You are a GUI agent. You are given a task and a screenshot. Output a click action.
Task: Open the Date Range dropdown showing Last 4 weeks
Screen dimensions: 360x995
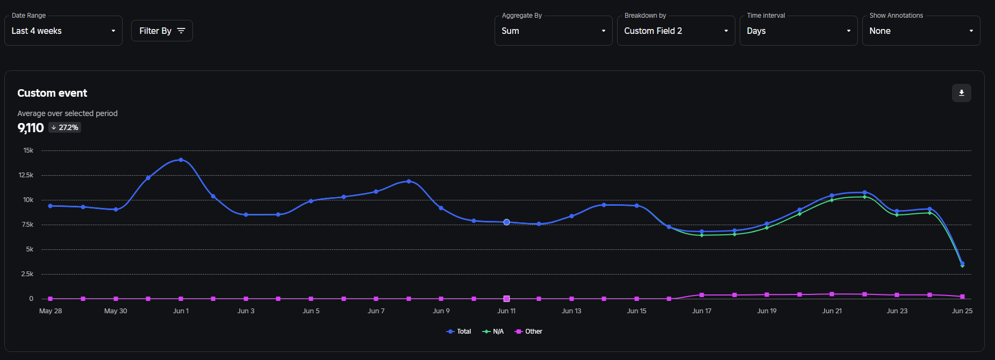click(x=63, y=31)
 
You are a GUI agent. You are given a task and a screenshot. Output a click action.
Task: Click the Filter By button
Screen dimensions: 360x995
click(x=162, y=31)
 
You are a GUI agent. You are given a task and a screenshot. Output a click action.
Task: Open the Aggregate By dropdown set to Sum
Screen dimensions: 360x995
click(x=553, y=31)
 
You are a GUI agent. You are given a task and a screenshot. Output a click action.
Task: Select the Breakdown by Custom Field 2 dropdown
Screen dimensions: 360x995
click(x=676, y=31)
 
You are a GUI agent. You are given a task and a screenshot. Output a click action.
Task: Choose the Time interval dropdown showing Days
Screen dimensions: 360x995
click(x=798, y=31)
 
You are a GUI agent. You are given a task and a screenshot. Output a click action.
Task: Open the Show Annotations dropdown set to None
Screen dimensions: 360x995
click(x=921, y=31)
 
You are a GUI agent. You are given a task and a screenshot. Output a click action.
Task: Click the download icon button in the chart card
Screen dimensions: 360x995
click(x=961, y=93)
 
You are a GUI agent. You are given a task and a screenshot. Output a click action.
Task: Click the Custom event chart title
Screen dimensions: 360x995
click(x=52, y=93)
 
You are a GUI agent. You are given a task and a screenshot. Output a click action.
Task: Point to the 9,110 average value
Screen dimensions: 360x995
click(x=31, y=128)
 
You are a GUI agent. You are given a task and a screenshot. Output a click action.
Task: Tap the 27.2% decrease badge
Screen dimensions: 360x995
click(x=65, y=128)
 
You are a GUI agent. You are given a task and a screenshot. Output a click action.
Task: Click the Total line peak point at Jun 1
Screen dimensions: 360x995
click(x=181, y=160)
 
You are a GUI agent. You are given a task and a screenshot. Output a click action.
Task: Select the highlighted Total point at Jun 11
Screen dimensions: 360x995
click(x=506, y=222)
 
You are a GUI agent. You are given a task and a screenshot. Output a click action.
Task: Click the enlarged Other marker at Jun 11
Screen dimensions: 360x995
click(x=506, y=299)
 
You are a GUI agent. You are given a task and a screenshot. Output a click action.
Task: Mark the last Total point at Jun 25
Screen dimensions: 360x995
click(x=962, y=263)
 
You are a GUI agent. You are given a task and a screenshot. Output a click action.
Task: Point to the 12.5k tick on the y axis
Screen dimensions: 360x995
click(x=26, y=175)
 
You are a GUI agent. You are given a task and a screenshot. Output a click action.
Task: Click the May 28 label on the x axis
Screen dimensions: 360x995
click(x=51, y=311)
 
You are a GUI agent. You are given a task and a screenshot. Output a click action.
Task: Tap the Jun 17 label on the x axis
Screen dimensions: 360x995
click(x=701, y=311)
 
